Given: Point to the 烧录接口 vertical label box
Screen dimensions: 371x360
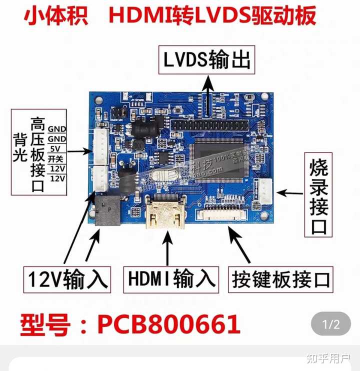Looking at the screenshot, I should point(318,195).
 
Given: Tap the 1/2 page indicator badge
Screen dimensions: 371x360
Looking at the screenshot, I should point(330,324).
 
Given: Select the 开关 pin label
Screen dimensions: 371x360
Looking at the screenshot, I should point(56,158).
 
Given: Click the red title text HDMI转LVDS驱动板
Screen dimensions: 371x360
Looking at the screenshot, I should point(212,15).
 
